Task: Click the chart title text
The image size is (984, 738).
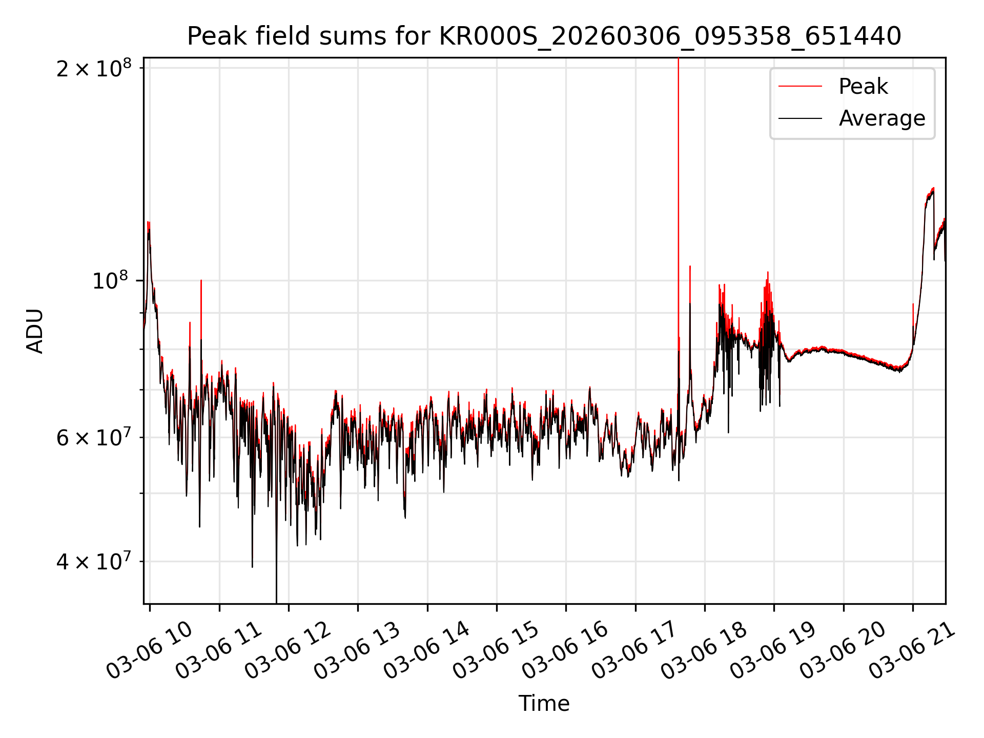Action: click(x=544, y=36)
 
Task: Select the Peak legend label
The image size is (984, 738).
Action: click(x=863, y=87)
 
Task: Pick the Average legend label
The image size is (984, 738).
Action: click(x=881, y=118)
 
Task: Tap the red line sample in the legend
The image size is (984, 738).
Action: click(x=800, y=87)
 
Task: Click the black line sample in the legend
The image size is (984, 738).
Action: click(x=800, y=118)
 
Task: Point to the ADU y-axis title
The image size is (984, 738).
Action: click(x=35, y=331)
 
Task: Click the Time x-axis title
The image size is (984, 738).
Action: click(x=544, y=703)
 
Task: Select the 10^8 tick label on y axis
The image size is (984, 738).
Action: click(x=111, y=280)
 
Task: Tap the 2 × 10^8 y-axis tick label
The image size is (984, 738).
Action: click(x=93, y=68)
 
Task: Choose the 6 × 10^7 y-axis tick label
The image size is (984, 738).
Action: click(x=93, y=438)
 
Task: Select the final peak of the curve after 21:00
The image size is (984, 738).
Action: click(x=933, y=189)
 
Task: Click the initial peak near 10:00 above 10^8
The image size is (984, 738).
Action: click(x=149, y=223)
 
